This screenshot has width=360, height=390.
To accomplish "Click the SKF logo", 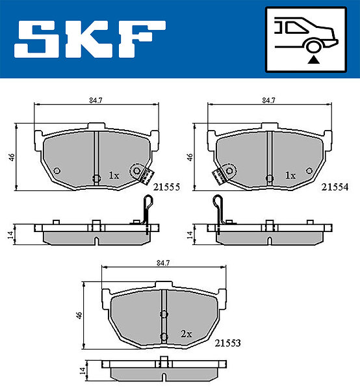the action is (90, 39).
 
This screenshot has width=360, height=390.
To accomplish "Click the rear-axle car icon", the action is (306, 40).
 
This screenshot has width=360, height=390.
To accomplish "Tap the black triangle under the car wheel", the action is (313, 60).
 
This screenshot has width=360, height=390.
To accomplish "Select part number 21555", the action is (166, 187).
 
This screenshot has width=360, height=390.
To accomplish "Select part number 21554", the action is (335, 187).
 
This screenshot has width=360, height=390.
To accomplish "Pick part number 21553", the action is (227, 343).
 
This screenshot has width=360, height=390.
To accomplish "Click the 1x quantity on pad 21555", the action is (114, 175).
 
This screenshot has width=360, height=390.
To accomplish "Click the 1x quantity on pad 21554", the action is (290, 175).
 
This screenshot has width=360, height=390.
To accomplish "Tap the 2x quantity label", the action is (186, 334).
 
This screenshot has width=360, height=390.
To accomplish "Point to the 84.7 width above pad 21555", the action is (96, 101).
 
